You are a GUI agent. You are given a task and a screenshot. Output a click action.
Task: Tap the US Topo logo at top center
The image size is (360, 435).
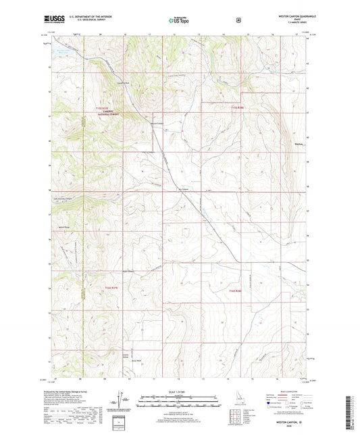pyautogui.click(x=179, y=21)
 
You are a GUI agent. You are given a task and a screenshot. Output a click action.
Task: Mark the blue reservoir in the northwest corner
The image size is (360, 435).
pyautogui.click(x=64, y=51)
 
